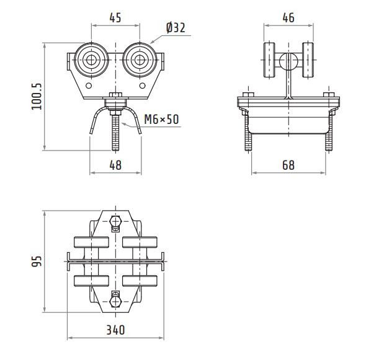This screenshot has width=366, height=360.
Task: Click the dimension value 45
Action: pos(115,18)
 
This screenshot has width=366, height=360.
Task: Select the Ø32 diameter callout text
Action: pos(176,28)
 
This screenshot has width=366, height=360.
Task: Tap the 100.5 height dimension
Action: pos(37,96)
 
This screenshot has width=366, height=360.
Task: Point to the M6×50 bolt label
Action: pos(161,119)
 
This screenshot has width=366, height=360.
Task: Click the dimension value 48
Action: pos(115,165)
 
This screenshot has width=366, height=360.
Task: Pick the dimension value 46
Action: pos(288,18)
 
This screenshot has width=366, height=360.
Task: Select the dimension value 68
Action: pos(288,165)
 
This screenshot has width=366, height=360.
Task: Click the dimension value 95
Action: pos(37,261)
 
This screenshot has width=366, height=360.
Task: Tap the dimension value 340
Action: pos(115,330)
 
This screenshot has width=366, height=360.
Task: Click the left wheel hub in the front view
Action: pos(91,60)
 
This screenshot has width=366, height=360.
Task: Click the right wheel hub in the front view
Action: pos(140,60)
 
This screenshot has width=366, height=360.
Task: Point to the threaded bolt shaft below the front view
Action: pos(115,133)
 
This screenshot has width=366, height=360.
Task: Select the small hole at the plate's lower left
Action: pos(89,86)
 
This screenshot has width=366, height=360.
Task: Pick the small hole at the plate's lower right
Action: pos(143,86)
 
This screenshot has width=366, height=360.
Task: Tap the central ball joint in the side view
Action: pos(288,61)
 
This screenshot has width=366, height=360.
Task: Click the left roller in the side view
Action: pos(269,60)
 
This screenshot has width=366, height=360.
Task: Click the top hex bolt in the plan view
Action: pos(115,221)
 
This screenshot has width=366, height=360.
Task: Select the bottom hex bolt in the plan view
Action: pos(115,302)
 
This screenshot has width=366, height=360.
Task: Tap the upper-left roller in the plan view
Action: pos(91,242)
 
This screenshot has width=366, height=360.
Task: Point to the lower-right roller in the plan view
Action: pos(140,281)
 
